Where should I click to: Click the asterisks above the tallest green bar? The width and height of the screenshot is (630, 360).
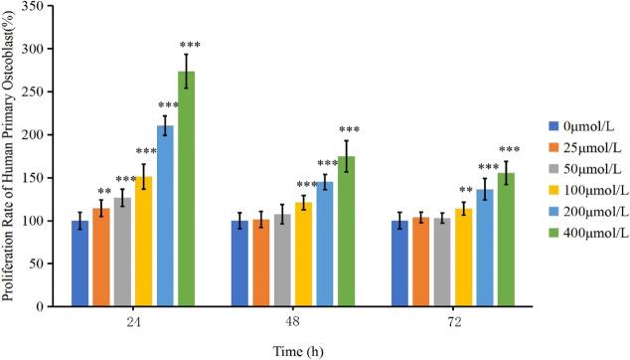pos(190,45)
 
